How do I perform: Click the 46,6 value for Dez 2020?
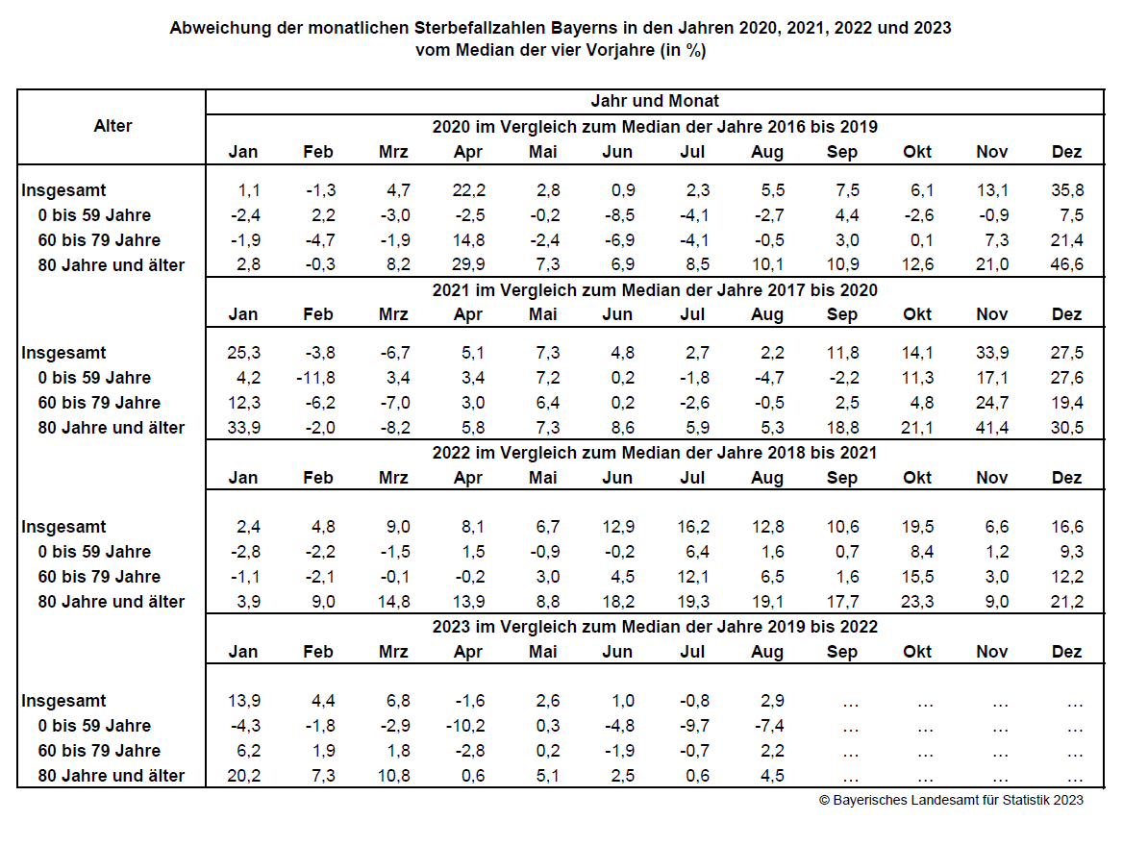tap(1066, 264)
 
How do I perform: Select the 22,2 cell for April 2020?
tap(468, 189)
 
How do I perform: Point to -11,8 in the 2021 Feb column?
tap(315, 378)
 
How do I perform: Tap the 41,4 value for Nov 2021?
tap(992, 428)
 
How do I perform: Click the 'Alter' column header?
tap(112, 126)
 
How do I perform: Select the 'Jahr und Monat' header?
tap(655, 101)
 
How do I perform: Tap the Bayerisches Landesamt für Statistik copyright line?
tap(951, 800)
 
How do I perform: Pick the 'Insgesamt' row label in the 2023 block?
tap(63, 701)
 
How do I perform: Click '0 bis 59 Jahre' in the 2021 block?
tap(94, 378)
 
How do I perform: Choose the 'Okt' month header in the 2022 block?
tap(917, 478)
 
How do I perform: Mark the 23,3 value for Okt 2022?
tap(917, 602)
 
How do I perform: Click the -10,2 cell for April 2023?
tap(465, 726)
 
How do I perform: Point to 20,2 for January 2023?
tap(244, 776)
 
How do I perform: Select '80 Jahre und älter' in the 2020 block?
tap(111, 265)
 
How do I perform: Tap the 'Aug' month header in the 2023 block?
tap(767, 653)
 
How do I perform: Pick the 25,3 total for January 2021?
tap(244, 353)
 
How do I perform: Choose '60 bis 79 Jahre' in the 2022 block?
tap(99, 577)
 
